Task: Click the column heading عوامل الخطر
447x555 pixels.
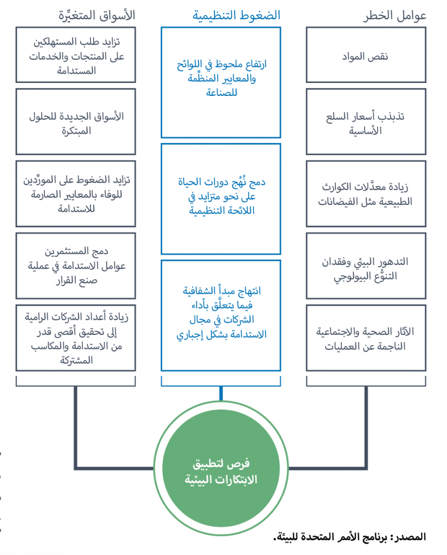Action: click(x=394, y=16)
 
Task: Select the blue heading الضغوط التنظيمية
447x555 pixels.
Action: click(x=237, y=16)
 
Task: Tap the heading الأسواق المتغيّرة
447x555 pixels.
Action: click(x=96, y=16)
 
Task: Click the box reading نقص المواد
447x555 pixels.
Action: click(x=366, y=56)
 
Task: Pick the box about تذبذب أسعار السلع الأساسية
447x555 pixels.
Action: click(x=366, y=123)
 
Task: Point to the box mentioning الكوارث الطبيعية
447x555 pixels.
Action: click(x=366, y=194)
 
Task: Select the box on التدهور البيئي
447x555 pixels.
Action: click(x=366, y=267)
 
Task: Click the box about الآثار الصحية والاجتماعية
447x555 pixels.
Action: click(x=366, y=338)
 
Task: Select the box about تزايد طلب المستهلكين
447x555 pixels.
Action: click(x=76, y=56)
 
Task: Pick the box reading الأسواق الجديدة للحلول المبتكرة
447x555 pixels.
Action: click(x=76, y=123)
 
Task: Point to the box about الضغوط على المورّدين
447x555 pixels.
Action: click(x=76, y=194)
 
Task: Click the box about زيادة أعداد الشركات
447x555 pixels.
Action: click(x=76, y=338)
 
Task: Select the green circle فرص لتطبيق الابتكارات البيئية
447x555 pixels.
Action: click(x=221, y=472)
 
